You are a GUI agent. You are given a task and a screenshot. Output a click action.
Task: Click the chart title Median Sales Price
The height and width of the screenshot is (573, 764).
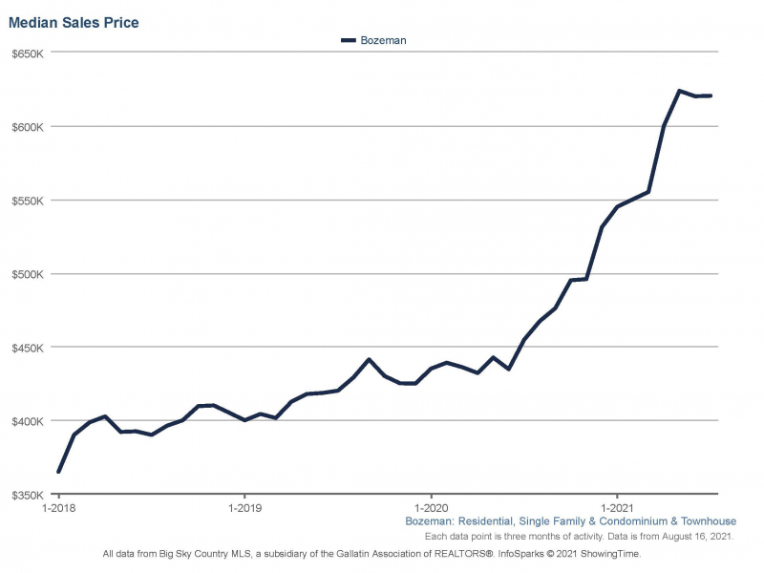(74, 22)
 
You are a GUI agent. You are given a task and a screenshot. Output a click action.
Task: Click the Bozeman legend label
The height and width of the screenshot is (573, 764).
(384, 41)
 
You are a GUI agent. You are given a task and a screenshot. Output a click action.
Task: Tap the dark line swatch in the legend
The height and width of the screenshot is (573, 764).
(348, 41)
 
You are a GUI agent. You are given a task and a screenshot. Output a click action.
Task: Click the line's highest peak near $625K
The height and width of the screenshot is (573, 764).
(679, 91)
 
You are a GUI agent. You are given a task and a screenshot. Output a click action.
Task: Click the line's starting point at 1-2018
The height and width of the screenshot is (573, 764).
(58, 472)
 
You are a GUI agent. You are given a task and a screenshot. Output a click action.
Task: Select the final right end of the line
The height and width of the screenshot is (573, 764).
(711, 95)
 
